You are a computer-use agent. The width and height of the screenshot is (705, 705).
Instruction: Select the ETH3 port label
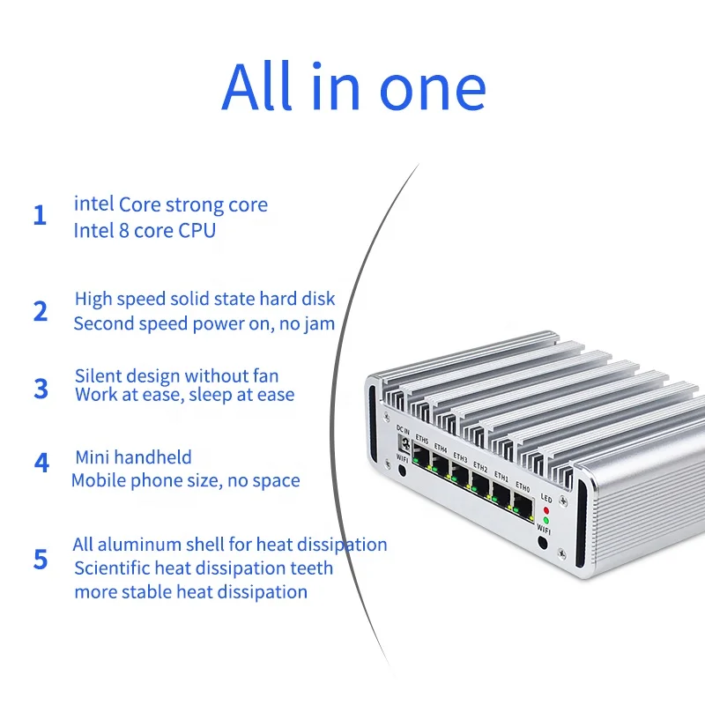pos(460,456)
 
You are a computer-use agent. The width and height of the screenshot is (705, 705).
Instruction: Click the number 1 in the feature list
pos(40,216)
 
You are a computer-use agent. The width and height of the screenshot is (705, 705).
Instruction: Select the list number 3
pos(41,388)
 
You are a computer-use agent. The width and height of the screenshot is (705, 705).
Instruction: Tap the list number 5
pos(41,560)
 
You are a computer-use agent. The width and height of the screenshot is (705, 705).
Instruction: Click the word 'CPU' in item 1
pos(197,231)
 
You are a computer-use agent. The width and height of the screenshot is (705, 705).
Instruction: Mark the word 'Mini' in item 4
pos(93,457)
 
